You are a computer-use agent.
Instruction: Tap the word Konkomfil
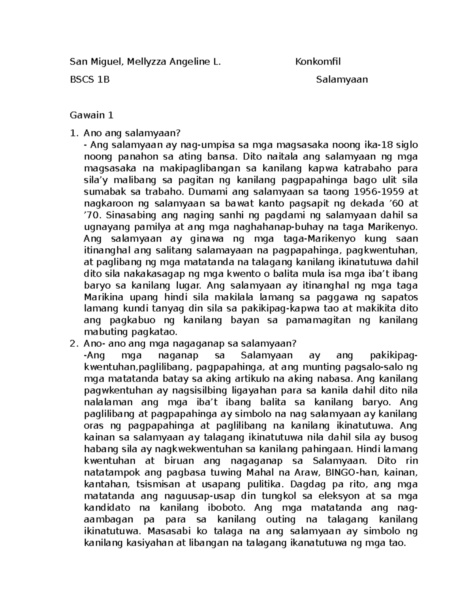click(x=318, y=62)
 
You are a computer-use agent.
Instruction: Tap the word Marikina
click(x=101, y=297)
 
